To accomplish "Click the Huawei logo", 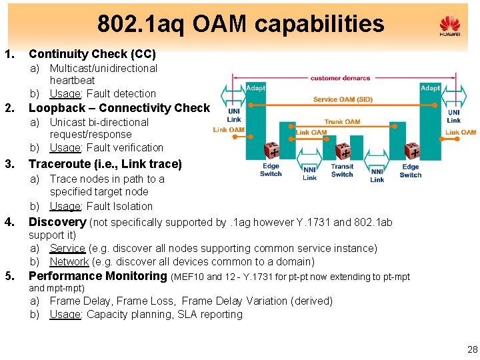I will pyautogui.click(x=450, y=27).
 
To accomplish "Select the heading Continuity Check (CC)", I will pyautogui.click(x=92, y=54).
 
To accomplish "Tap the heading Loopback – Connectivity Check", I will pyautogui.click(x=119, y=108).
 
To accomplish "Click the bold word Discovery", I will pyautogui.click(x=57, y=222).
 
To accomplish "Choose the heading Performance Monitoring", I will pyautogui.click(x=97, y=276).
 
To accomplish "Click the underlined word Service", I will pyautogui.click(x=67, y=249).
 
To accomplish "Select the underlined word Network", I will pyautogui.click(x=69, y=262).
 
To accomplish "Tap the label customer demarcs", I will pyautogui.click(x=340, y=78).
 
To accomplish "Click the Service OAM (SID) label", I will pyautogui.click(x=343, y=99).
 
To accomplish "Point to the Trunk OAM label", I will pyautogui.click(x=342, y=122).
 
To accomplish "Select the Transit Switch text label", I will pyautogui.click(x=342, y=171).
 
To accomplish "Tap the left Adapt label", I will pyautogui.click(x=255, y=87).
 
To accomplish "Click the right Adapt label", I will pyautogui.click(x=429, y=87).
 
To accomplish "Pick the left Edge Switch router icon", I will pyautogui.click(x=271, y=151).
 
